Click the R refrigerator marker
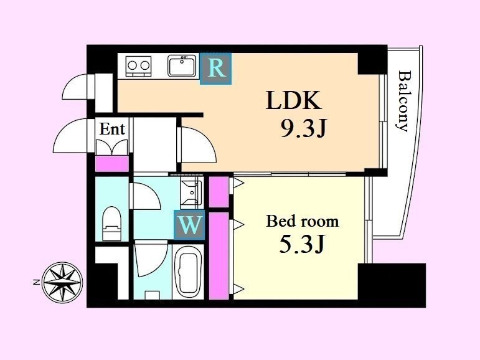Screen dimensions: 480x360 [216, 69]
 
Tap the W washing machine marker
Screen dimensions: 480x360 [189, 225]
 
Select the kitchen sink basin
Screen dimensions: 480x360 [182, 66]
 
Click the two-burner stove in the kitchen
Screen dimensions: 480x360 [139, 66]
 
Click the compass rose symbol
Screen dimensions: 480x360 [62, 283]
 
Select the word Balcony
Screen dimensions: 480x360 [403, 101]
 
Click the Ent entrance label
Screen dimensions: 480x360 [112, 129]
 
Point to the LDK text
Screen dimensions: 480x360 [294, 100]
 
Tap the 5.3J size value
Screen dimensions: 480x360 [301, 244]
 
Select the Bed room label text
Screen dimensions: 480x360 [303, 221]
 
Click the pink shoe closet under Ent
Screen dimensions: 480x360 [112, 164]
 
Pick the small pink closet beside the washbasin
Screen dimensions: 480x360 [219, 192]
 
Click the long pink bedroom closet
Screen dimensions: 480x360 [219, 256]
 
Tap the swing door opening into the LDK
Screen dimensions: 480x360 [197, 144]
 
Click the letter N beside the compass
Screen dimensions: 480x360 [36, 282]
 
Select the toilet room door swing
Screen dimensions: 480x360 [145, 196]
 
